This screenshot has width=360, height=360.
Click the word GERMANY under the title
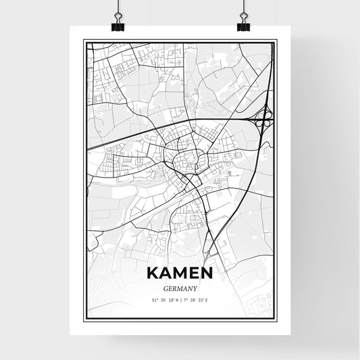point(180,287)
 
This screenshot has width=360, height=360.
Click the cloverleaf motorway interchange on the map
point(263,119)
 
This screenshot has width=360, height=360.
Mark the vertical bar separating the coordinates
point(180,300)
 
